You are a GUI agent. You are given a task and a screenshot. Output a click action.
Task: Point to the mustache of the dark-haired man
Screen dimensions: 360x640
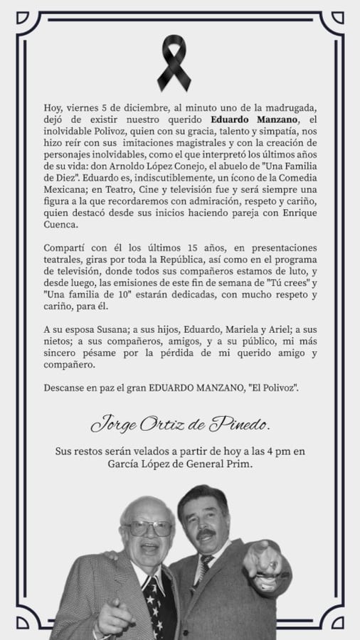(x=207, y=533)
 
